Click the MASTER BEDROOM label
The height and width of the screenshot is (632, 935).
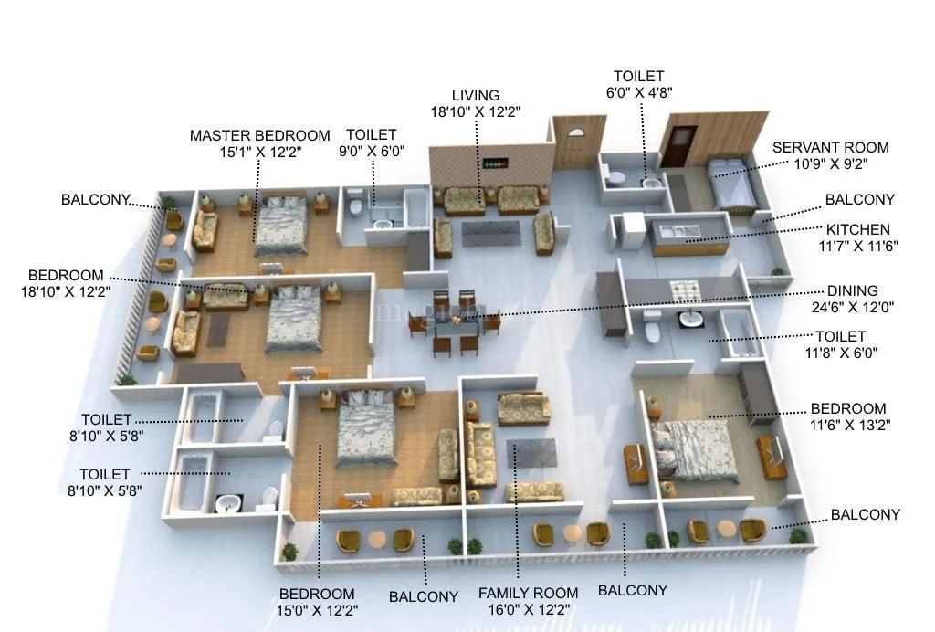[259, 135]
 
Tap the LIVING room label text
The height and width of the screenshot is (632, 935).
[476, 95]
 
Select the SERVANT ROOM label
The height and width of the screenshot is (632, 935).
[830, 147]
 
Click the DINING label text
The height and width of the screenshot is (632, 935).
[851, 291]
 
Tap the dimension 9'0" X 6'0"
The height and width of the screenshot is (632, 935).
[371, 152]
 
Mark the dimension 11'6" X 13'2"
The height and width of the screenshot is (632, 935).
[848, 425]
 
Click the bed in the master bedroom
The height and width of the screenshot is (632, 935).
[280, 225]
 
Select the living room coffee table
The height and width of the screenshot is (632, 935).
[489, 232]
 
